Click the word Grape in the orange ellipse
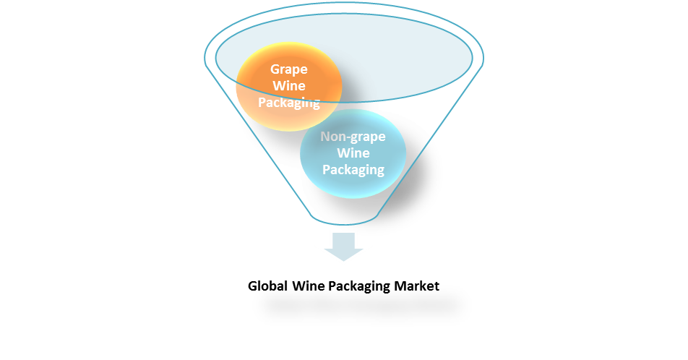pos(289,69)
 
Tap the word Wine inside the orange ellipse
pos(289,86)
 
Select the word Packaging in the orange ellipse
pos(289,103)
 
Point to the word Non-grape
pos(353,136)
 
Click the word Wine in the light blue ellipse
pos(353,153)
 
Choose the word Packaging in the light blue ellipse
pos(353,170)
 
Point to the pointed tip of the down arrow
pos(343,262)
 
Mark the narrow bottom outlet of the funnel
pos(344,216)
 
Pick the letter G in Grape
pos(275,69)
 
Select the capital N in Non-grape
pos(326,136)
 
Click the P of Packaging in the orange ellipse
pos(262,103)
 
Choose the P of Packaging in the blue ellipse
pos(326,170)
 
